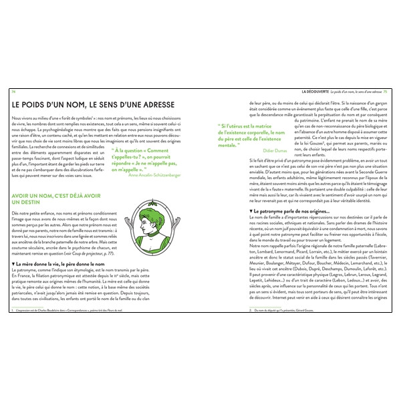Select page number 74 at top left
coord(13,91)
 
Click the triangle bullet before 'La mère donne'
coord(14,265)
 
